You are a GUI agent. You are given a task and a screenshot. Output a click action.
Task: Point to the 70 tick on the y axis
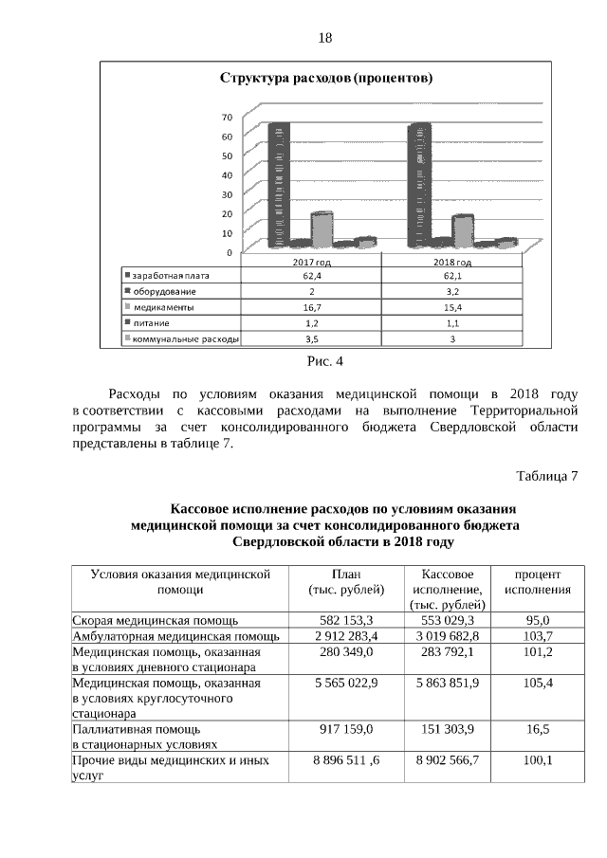(227, 118)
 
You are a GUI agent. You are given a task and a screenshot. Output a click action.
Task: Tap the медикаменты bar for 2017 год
(322, 228)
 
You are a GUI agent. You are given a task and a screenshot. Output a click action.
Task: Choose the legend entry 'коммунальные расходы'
(183, 338)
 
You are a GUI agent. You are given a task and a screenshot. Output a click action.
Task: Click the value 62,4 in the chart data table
(312, 276)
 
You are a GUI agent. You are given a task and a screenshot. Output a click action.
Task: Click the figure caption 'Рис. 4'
(324, 361)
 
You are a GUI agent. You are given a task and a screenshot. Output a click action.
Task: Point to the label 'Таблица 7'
(546, 474)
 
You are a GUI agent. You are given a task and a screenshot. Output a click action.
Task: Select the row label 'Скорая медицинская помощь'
(150, 620)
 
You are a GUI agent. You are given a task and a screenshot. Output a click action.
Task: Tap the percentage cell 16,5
(537, 731)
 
